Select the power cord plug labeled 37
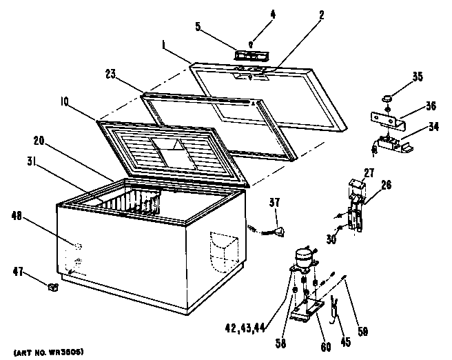pos(280,232)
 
